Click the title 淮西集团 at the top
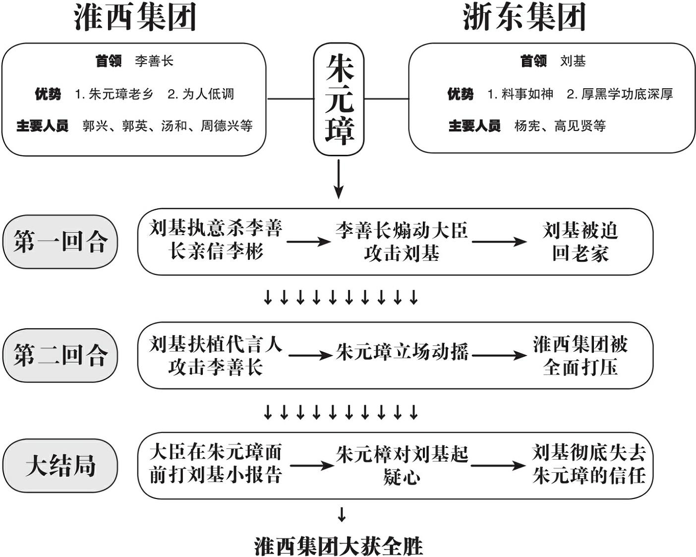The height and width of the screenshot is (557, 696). [x=135, y=17]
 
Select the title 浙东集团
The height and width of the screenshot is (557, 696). [x=524, y=17]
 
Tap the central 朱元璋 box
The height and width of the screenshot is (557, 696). [x=339, y=99]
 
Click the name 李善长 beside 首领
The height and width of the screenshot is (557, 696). [x=154, y=61]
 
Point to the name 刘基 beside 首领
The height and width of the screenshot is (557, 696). [x=573, y=61]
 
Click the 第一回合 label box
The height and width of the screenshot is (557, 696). [x=60, y=242]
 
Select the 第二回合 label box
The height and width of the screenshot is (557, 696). [x=60, y=355]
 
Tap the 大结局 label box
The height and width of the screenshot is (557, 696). [x=60, y=466]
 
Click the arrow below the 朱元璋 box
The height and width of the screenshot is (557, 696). [x=339, y=179]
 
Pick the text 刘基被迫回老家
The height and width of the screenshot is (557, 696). [x=580, y=242]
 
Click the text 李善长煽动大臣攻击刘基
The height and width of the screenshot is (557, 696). [x=402, y=242]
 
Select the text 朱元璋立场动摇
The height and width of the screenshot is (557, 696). [x=402, y=352]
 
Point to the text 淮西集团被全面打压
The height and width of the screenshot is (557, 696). [x=580, y=355]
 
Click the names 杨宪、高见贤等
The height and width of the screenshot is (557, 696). [x=560, y=125]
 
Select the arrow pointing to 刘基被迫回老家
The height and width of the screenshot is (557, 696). [x=499, y=242]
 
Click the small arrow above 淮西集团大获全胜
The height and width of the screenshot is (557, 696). [x=342, y=515]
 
